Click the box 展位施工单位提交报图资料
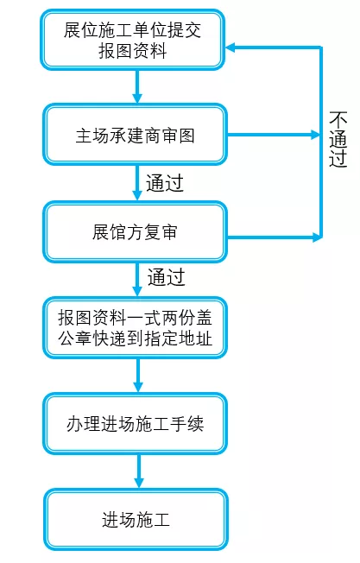coord(136,40)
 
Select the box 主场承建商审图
coord(136,135)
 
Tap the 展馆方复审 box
coord(136,231)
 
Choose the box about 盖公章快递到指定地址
coord(136,328)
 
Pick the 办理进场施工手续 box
coord(136,425)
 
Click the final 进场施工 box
coord(136,521)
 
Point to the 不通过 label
coord(338,138)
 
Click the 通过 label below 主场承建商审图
coord(165,183)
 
